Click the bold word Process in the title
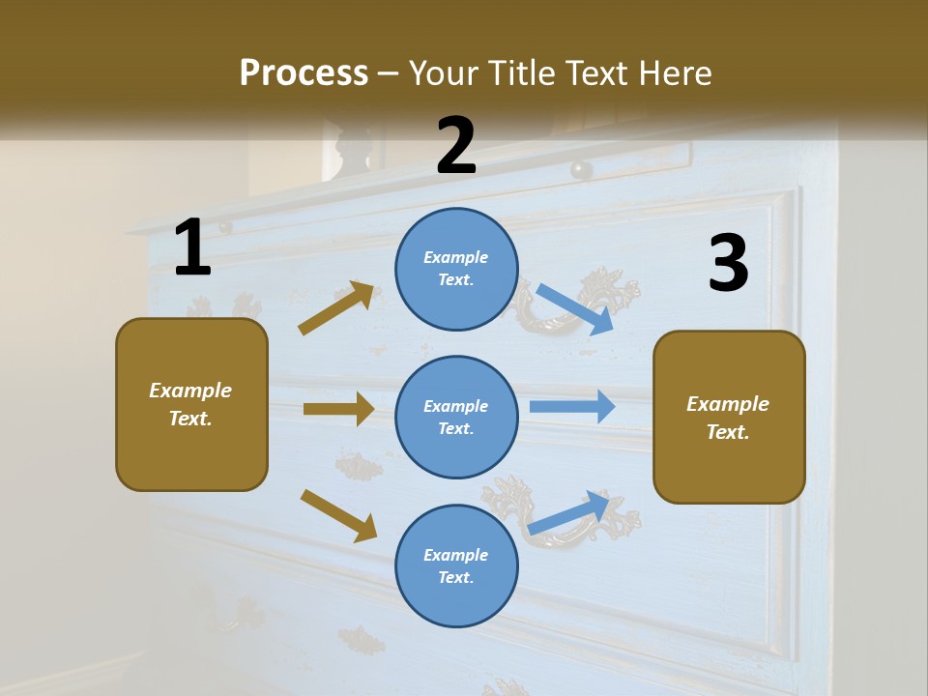pos(304,73)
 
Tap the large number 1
pos(192,248)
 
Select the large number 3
pos(728,264)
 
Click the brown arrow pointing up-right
pos(336,308)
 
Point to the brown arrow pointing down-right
pos(338,515)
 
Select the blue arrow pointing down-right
pos(575,309)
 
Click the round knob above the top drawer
pos(581,170)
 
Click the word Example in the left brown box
pos(190,391)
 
